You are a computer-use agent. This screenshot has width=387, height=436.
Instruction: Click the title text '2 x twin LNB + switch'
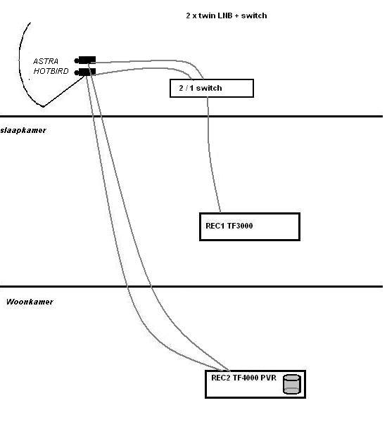[x=227, y=15]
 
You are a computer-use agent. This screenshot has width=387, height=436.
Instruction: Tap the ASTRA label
[x=46, y=61]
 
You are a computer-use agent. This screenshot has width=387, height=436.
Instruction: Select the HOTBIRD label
[x=51, y=71]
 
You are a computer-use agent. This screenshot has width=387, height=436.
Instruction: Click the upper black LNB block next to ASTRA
[x=87, y=60]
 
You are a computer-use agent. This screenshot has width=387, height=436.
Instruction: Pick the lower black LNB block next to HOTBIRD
[x=87, y=72]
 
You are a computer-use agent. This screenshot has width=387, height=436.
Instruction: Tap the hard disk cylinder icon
[x=292, y=384]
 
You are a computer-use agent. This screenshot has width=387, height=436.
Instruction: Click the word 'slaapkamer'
[x=23, y=130]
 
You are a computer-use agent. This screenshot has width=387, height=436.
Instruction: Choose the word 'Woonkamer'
[x=30, y=302]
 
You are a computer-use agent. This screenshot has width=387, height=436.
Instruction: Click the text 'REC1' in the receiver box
[x=215, y=226]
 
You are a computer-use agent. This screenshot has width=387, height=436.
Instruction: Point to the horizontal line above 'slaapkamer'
[x=191, y=116]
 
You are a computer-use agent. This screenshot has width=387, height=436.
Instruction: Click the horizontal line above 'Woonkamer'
[x=191, y=286]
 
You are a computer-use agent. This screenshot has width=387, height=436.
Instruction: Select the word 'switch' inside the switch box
[x=209, y=88]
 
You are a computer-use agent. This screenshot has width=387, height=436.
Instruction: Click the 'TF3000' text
[x=240, y=226]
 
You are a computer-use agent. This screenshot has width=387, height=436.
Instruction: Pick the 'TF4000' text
[x=246, y=378]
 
